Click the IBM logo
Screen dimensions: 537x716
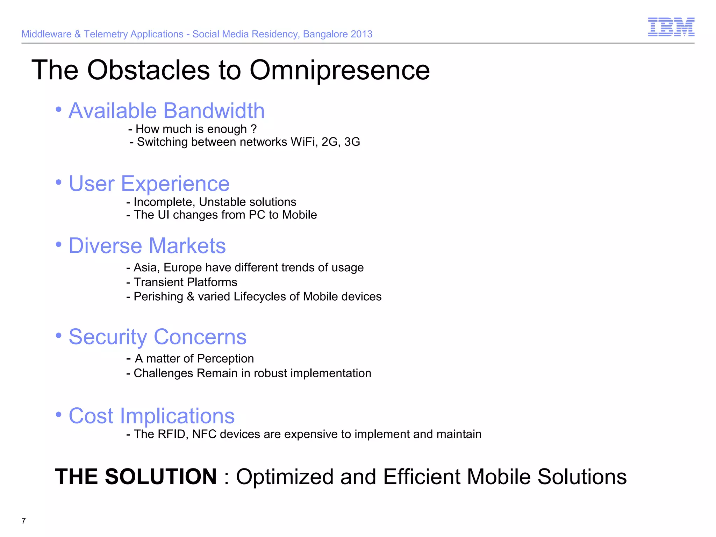coord(671,27)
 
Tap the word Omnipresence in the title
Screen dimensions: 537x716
coord(339,70)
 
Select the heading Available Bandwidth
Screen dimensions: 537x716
coord(166,111)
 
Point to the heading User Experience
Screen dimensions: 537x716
coord(149,184)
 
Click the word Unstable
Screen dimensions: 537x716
coord(222,202)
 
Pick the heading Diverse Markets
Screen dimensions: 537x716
coord(147,246)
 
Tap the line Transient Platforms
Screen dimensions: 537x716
coord(185,282)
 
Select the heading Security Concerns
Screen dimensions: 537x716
coord(158,337)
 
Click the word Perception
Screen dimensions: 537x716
coord(225,359)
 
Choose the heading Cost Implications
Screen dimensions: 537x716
coord(151,416)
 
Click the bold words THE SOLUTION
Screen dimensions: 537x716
coord(136,477)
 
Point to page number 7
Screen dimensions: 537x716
coord(23,521)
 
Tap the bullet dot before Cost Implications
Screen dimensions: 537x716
coord(59,415)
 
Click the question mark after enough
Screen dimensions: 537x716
coord(254,129)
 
